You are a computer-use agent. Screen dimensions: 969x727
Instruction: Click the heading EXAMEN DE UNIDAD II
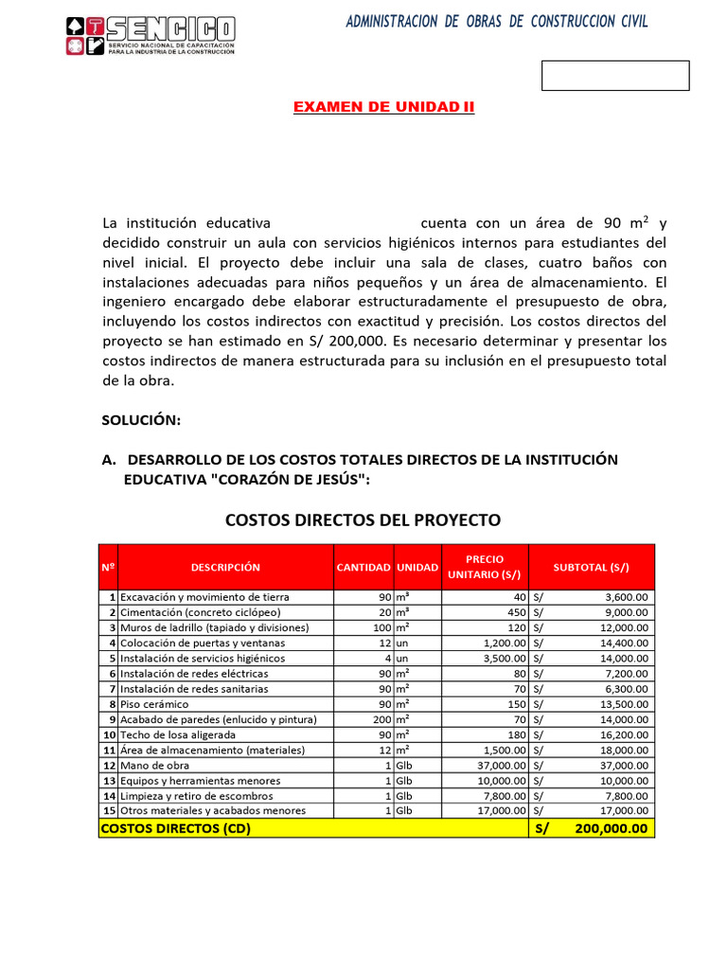pos(383,107)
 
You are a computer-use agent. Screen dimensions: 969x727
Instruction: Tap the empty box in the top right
pos(615,76)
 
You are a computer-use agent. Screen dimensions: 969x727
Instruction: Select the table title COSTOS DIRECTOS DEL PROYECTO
pos(363,520)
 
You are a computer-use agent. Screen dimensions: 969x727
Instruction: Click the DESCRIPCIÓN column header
pos(225,567)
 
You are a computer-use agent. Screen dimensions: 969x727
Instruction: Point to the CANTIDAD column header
pos(363,567)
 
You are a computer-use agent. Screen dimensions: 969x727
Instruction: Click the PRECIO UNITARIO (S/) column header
pos(485,567)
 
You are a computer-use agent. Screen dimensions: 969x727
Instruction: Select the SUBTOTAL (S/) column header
pos(591,567)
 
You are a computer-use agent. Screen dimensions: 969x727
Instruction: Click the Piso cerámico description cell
pos(154,704)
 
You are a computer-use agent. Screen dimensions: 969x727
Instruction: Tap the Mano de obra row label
pos(152,766)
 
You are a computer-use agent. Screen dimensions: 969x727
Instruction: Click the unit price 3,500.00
pos(502,658)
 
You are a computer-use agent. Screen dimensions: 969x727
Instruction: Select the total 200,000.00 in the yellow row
pos(611,828)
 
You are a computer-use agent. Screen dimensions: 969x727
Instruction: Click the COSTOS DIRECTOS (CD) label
pos(176,828)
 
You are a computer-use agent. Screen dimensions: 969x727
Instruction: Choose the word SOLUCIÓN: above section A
pos(141,419)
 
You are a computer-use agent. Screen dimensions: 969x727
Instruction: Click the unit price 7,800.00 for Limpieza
pos(502,796)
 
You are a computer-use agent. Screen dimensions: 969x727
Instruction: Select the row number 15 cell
pos(108,811)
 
